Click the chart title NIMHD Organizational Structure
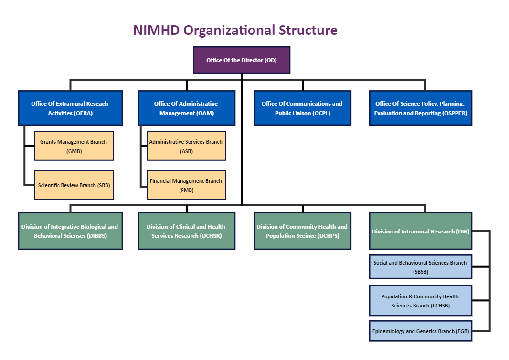pos(235,30)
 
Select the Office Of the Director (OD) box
pos(241,60)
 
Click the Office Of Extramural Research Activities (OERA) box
pos(70,108)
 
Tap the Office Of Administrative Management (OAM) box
pos(186,108)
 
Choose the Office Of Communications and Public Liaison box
pos(302,108)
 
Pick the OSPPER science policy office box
pos(420,108)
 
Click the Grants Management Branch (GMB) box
pos(74,146)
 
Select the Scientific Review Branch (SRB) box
pos(74,185)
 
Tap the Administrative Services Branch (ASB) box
pos(186,146)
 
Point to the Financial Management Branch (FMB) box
pos(186,185)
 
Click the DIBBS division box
pos(70,231)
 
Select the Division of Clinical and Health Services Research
pos(186,231)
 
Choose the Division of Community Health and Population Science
pos(302,231)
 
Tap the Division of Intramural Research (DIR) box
pos(420,231)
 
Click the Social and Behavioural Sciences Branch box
pos(420,267)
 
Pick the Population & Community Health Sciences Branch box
pos(420,301)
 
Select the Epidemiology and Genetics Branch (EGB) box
pos(420,331)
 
